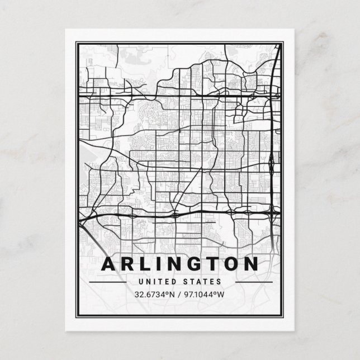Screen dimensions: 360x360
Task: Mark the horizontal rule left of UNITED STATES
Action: (x=107, y=282)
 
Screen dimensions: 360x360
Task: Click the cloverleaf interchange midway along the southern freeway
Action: (x=176, y=214)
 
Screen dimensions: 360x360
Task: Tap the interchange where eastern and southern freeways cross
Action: (x=272, y=211)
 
